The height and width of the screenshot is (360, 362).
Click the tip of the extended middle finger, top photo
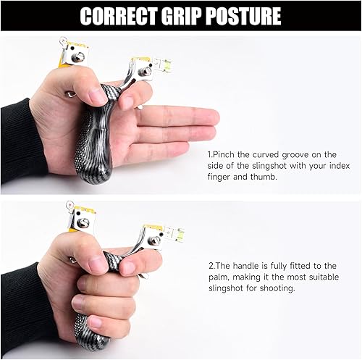[x=215, y=115]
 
